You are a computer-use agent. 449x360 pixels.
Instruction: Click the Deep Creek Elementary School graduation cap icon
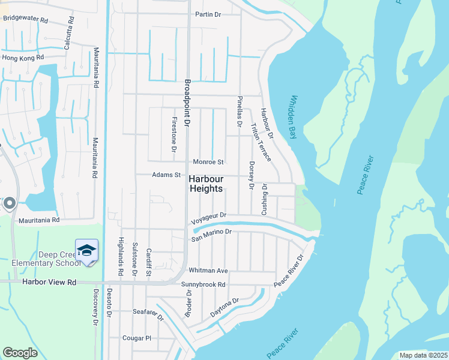pyautogui.click(x=86, y=250)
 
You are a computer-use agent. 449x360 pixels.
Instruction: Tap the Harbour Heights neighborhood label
pyautogui.click(x=206, y=184)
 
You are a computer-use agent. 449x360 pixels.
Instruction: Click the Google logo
pyautogui.click(x=20, y=352)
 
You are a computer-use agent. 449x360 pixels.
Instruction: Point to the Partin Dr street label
pyautogui.click(x=209, y=14)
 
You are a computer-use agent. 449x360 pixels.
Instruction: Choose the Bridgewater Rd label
pyautogui.click(x=25, y=19)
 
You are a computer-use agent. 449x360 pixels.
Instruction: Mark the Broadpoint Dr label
pyautogui.click(x=187, y=103)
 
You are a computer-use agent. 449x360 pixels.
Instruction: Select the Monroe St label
pyautogui.click(x=208, y=162)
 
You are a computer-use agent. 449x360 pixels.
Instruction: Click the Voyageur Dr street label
pyautogui.click(x=208, y=218)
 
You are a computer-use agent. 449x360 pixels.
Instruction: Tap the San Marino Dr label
pyautogui.click(x=211, y=235)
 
